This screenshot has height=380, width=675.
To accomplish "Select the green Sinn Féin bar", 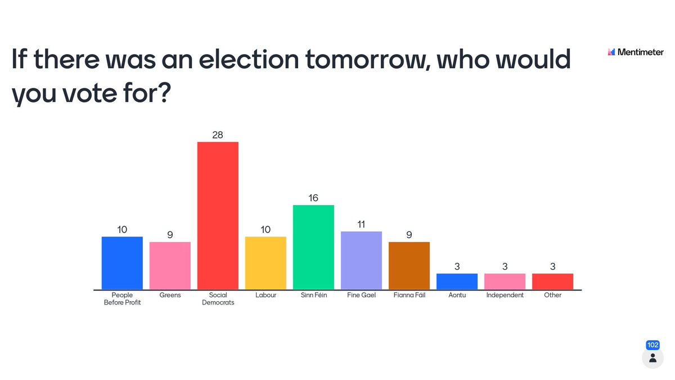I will pyautogui.click(x=313, y=247).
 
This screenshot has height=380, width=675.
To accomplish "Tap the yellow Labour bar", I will pyautogui.click(x=265, y=263).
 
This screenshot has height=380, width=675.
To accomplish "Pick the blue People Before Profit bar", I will pyautogui.click(x=122, y=263).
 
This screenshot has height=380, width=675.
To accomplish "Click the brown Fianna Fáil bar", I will pyautogui.click(x=409, y=266).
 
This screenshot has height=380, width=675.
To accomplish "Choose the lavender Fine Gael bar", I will pyautogui.click(x=361, y=260).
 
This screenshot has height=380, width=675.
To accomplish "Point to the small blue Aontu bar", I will pyautogui.click(x=457, y=281).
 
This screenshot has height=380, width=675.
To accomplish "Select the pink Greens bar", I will pyautogui.click(x=170, y=266).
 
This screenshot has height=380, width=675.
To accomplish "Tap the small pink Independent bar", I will pyautogui.click(x=505, y=281).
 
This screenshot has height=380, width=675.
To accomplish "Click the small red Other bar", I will pyautogui.click(x=552, y=281).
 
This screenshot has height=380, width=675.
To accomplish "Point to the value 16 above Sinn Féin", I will pyautogui.click(x=313, y=198).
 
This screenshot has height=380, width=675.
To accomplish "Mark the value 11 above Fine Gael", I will pyautogui.click(x=361, y=224).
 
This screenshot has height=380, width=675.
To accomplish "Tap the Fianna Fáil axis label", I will pyautogui.click(x=409, y=295).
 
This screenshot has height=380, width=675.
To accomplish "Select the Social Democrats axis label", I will pyautogui.click(x=218, y=299).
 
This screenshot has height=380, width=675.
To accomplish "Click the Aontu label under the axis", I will pyautogui.click(x=457, y=295).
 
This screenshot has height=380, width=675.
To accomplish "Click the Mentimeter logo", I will pyautogui.click(x=636, y=52).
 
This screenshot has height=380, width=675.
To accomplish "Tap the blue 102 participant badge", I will pyautogui.click(x=652, y=345).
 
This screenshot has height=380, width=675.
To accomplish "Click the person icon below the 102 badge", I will pyautogui.click(x=652, y=358).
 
